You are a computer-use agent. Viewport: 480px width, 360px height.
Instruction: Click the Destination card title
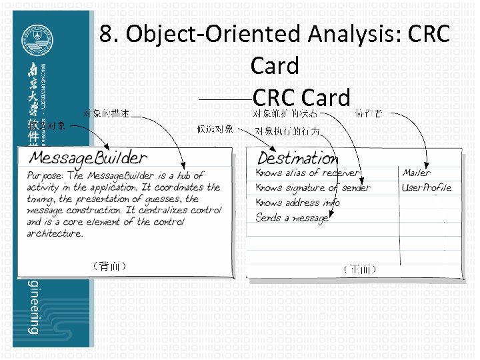pyautogui.click(x=298, y=159)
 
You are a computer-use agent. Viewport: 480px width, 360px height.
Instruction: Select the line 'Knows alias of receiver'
pyautogui.click(x=307, y=173)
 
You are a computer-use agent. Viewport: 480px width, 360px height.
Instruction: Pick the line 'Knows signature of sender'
pyautogui.click(x=313, y=188)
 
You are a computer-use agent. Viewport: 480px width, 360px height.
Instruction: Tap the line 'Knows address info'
pyautogui.click(x=298, y=203)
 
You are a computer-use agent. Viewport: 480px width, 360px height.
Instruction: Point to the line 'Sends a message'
pyautogui.click(x=291, y=217)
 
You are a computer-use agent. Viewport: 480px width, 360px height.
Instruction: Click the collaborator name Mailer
pyautogui.click(x=416, y=173)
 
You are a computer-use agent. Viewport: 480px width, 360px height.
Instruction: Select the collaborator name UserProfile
pyautogui.click(x=426, y=188)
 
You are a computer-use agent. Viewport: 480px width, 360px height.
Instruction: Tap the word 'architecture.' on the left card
pyautogui.click(x=55, y=234)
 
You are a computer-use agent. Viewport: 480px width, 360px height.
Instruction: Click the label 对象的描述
pyautogui.click(x=107, y=115)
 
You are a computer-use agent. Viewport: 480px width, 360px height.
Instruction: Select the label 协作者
pyautogui.click(x=369, y=115)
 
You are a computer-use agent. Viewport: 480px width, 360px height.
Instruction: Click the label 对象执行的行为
pyautogui.click(x=288, y=131)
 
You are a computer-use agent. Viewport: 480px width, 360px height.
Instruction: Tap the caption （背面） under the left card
pyautogui.click(x=107, y=267)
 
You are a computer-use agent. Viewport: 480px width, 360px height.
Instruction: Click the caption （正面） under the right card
pyautogui.click(x=361, y=270)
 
